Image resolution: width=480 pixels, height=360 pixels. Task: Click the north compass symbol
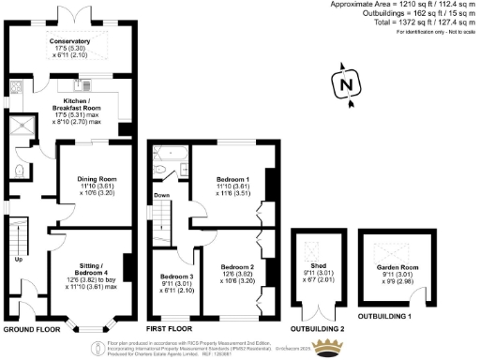(347, 83)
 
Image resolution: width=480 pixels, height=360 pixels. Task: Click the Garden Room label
(394, 267)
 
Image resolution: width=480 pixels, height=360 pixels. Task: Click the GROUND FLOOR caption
(31, 331)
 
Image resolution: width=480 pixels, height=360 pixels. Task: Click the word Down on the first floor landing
(161, 195)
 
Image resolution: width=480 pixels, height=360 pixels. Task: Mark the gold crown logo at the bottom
(327, 349)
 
